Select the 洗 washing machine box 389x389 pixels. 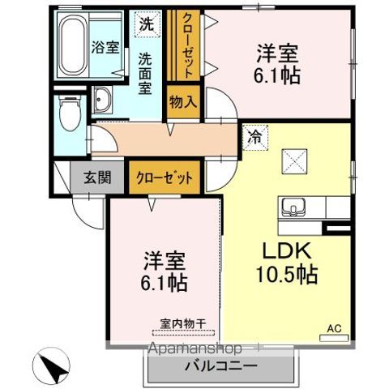pos(145,24)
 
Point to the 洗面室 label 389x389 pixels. pos(145,74)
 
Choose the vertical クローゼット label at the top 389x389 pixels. pos(186,45)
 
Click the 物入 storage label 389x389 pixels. pos(182,102)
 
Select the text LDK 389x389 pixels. pos(280,250)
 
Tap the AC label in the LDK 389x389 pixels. pos(333,328)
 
